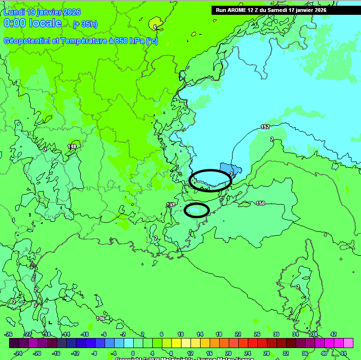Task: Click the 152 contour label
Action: coord(265,127)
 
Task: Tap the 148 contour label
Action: coord(72,146)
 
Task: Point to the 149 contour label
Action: coord(171,205)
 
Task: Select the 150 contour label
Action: coord(260,203)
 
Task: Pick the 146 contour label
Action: coord(100,318)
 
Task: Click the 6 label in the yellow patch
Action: coord(155,27)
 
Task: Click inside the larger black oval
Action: coord(210,180)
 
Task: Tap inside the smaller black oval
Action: coord(197,210)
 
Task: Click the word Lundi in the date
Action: coord(14,12)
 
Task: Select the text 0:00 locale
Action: coord(32,23)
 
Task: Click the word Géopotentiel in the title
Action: coord(25,41)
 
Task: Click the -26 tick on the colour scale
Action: coord(9,334)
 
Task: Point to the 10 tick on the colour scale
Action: coord(180,334)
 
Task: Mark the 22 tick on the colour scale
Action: coord(238,334)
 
